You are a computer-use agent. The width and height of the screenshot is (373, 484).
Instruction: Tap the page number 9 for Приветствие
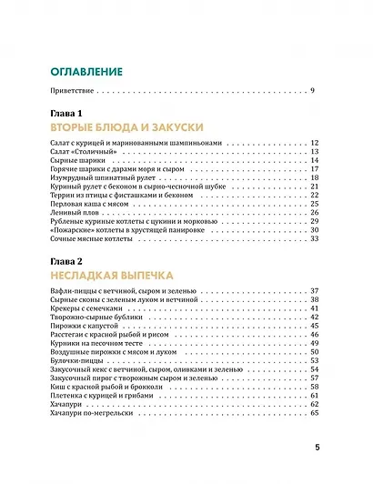point(312,92)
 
